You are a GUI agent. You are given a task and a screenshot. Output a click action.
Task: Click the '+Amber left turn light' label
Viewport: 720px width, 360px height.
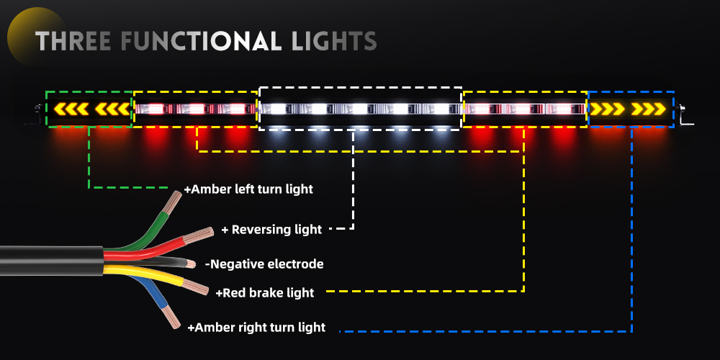248,189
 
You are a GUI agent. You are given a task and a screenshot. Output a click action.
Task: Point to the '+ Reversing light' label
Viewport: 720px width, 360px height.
271,230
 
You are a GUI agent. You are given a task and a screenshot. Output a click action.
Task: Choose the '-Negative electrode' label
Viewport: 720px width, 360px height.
264,264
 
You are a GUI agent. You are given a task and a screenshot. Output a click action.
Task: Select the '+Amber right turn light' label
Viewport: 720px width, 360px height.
256,328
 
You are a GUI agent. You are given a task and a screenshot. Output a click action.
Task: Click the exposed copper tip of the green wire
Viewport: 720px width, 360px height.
173,203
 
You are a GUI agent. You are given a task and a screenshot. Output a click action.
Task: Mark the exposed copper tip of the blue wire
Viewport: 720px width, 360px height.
173,317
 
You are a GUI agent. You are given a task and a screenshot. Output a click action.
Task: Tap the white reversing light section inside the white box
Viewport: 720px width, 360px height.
360,109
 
